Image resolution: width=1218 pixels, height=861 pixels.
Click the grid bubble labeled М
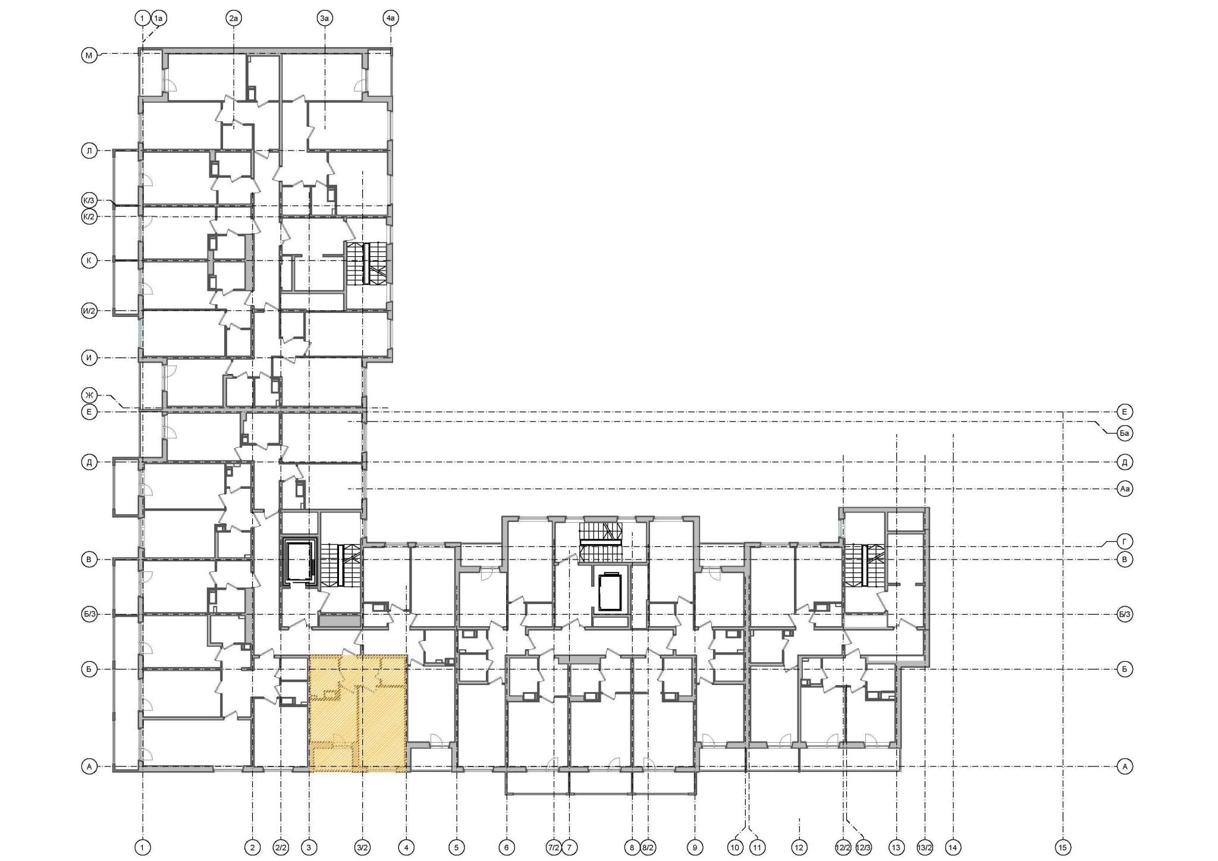point(89,56)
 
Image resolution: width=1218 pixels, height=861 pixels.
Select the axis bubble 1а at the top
point(159,18)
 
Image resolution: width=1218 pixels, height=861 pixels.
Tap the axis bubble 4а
point(390,18)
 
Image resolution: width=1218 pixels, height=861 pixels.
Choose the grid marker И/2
point(89,310)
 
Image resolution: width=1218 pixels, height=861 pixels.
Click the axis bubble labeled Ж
point(89,395)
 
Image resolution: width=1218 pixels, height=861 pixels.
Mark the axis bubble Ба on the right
point(1125,433)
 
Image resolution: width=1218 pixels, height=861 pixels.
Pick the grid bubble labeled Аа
point(1125,489)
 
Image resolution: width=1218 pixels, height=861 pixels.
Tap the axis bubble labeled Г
point(1125,541)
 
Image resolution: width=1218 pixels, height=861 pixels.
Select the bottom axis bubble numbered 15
point(1063,847)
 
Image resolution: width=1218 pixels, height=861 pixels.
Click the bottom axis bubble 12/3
point(864,847)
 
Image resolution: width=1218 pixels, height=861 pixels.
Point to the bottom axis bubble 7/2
point(553,847)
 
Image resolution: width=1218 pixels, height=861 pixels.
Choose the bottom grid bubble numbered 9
point(695,847)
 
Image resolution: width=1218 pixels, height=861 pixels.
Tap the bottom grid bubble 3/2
point(362,847)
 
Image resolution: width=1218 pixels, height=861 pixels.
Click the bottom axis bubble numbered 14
point(953,847)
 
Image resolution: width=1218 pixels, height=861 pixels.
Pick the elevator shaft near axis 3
point(300,561)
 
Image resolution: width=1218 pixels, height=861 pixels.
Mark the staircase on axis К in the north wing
point(366,263)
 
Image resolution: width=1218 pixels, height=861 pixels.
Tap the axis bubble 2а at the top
point(234,18)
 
